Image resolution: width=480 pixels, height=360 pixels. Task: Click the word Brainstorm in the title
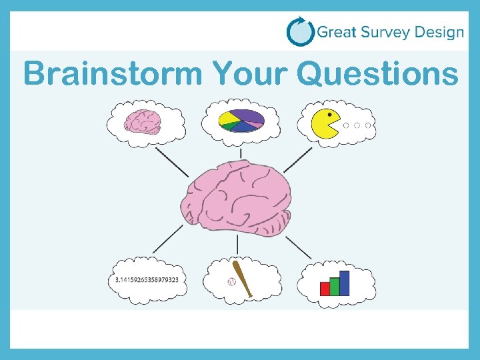click(x=112, y=73)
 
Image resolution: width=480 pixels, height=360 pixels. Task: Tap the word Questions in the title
click(x=379, y=73)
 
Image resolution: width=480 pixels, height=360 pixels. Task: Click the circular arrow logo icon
click(x=300, y=31)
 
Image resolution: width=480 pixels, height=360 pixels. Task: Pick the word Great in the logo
click(x=336, y=31)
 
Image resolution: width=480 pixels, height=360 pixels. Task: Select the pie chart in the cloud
click(x=241, y=121)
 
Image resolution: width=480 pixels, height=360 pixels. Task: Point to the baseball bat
click(x=241, y=280)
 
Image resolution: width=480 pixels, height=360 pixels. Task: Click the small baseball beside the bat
click(x=232, y=283)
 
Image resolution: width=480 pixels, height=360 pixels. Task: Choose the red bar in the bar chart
click(x=325, y=288)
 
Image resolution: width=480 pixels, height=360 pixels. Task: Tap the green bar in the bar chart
click(x=335, y=285)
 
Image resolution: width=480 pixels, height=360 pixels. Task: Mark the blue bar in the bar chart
click(x=345, y=283)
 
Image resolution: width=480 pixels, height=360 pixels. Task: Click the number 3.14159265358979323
click(x=147, y=280)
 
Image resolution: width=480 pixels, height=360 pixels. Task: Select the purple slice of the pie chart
click(x=248, y=115)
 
